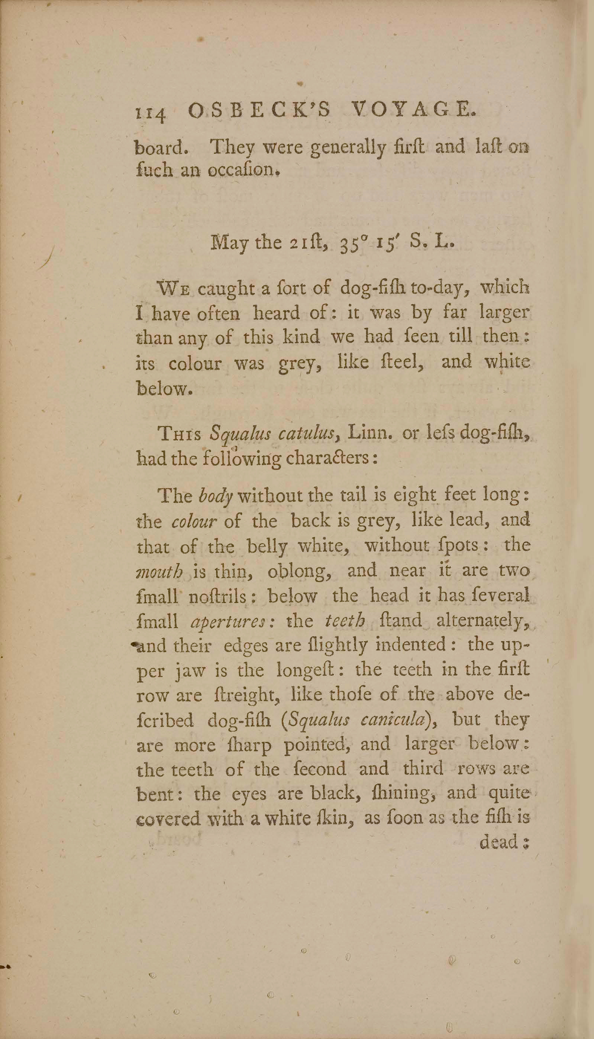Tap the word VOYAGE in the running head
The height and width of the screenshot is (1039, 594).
[x=413, y=110]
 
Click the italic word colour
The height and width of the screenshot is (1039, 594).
[x=193, y=522]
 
